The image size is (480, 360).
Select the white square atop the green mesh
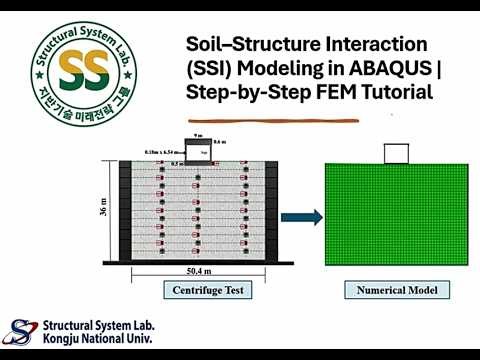point(396,153)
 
